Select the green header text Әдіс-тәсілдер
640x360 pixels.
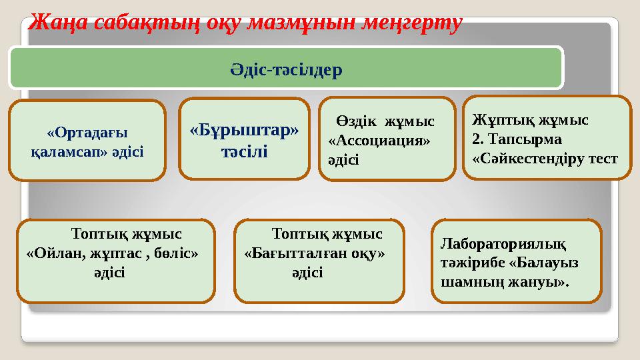(286, 68)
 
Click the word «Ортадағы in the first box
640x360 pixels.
(88, 132)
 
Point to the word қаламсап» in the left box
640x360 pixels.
(65, 151)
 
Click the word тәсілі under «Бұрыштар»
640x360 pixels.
(245, 151)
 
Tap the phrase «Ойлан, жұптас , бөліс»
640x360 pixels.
(112, 253)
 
